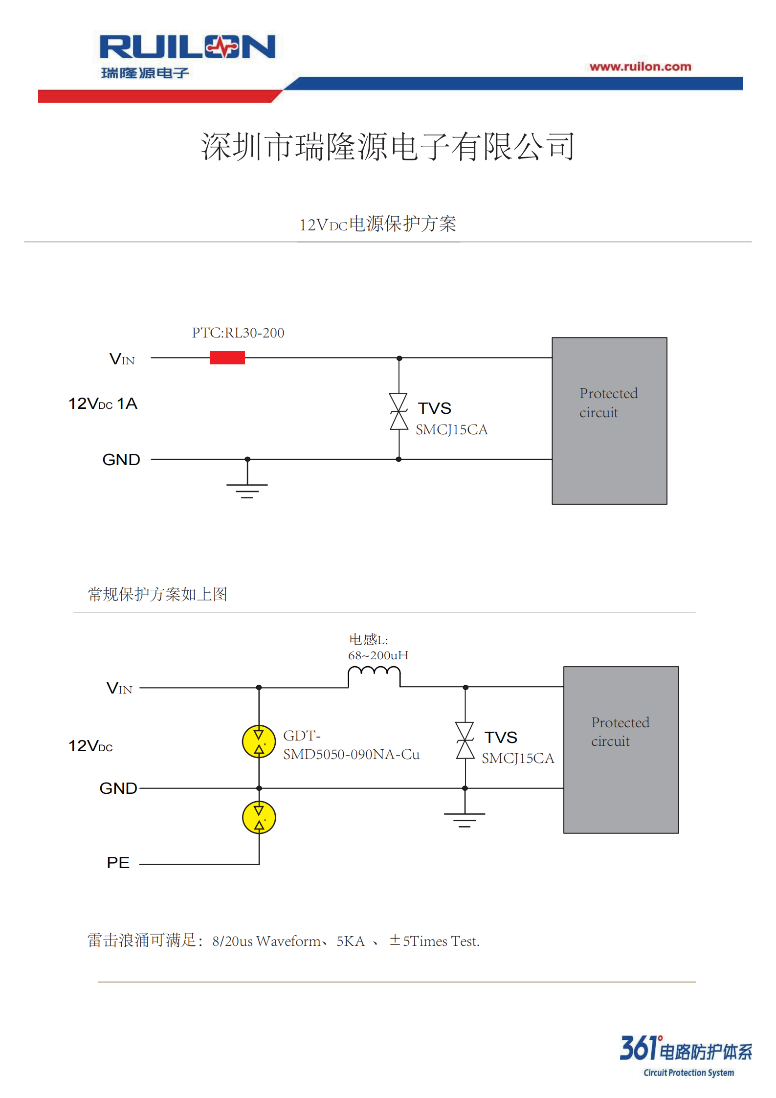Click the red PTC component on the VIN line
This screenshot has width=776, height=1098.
(227, 358)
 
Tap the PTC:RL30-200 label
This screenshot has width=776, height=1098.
(238, 333)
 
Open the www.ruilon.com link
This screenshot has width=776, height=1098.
(640, 67)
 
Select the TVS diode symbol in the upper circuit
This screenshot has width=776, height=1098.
(399, 411)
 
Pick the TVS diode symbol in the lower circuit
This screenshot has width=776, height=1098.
(465, 740)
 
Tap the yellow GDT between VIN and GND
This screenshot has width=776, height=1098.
(259, 741)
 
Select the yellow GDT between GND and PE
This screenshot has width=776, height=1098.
(259, 817)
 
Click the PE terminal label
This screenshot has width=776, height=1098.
(118, 863)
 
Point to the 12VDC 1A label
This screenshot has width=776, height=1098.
(103, 403)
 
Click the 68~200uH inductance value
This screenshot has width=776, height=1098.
(378, 655)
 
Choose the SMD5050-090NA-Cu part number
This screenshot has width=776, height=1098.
(351, 755)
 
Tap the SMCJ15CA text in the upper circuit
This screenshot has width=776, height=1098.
(452, 430)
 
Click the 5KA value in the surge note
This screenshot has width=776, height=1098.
(351, 941)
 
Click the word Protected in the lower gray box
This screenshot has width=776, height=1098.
(621, 723)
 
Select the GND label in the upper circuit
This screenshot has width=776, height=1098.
(121, 460)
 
